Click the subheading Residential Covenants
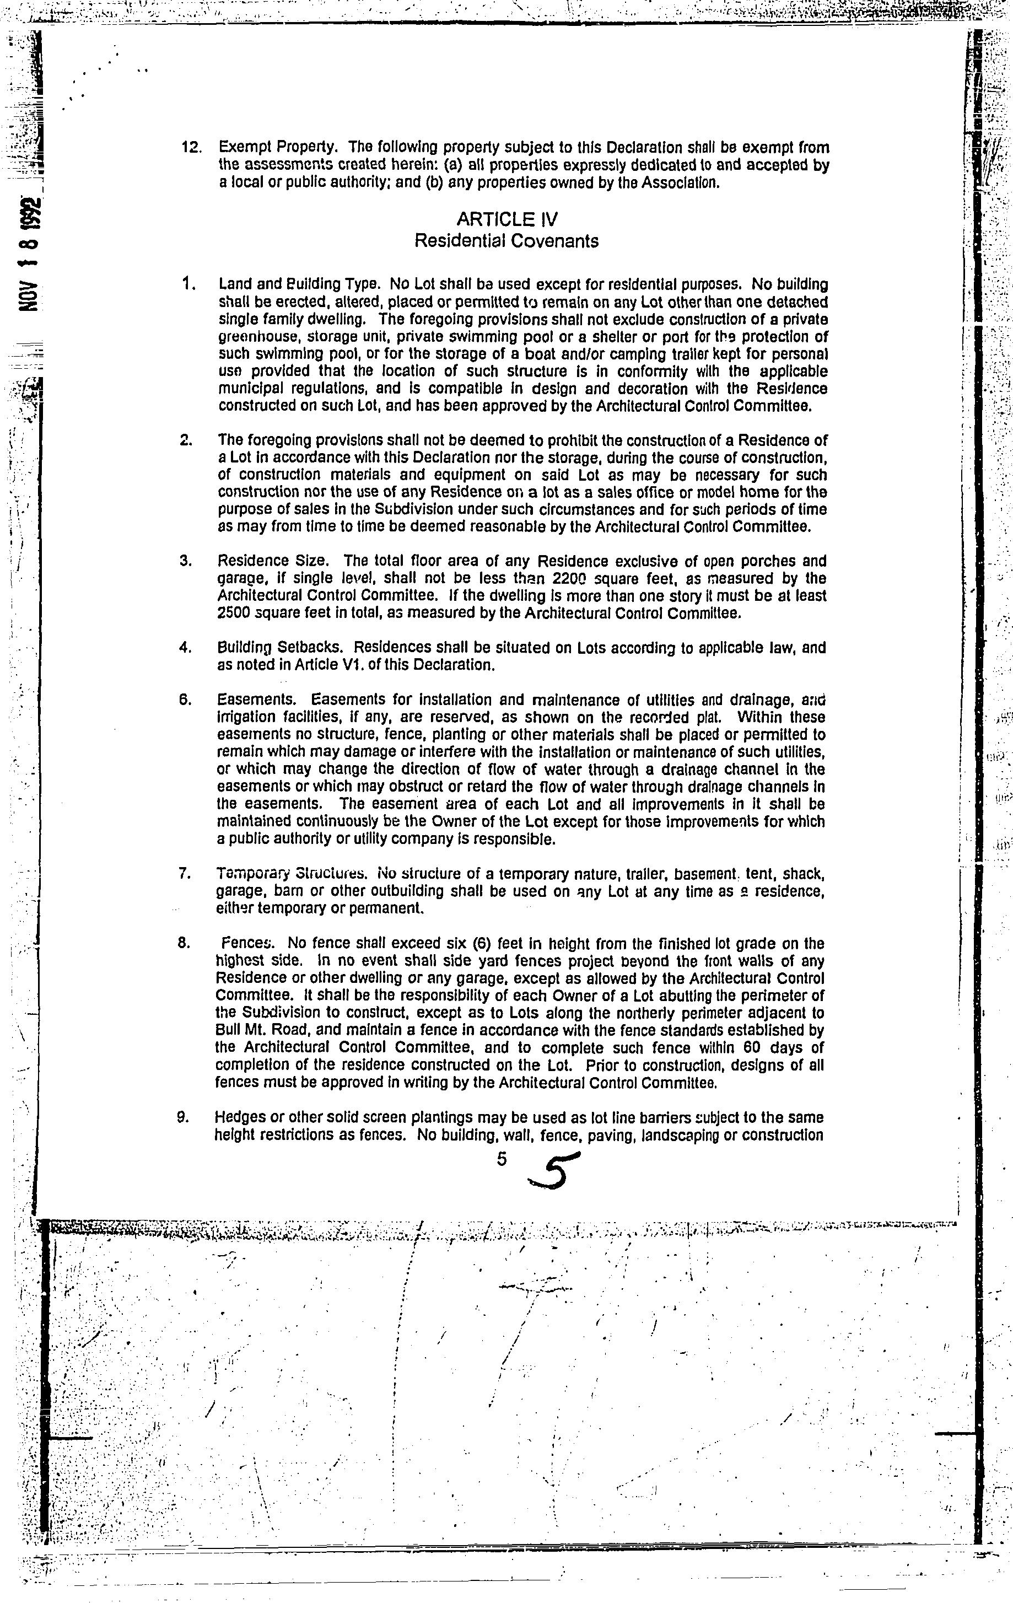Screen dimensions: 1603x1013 pyautogui.click(x=506, y=241)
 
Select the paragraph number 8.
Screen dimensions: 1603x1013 pyautogui.click(x=185, y=943)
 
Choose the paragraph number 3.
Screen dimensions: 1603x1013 pyautogui.click(x=185, y=561)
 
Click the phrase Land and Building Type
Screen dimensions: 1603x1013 pyautogui.click(x=299, y=285)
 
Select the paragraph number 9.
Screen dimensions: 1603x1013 pyautogui.click(x=182, y=1117)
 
